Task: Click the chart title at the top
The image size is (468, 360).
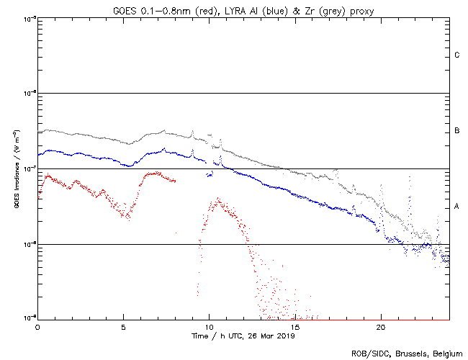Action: (243, 8)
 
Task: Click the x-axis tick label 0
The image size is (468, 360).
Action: (37, 327)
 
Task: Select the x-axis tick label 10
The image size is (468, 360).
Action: (210, 327)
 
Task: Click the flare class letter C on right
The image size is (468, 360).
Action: (457, 55)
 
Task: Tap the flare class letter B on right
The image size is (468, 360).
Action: (457, 131)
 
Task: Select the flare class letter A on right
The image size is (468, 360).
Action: (457, 207)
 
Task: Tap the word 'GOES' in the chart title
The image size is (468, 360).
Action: (124, 8)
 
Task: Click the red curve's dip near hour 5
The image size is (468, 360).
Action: (128, 216)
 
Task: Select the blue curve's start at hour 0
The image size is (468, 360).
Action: (39, 154)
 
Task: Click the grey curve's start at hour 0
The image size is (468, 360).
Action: (39, 133)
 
